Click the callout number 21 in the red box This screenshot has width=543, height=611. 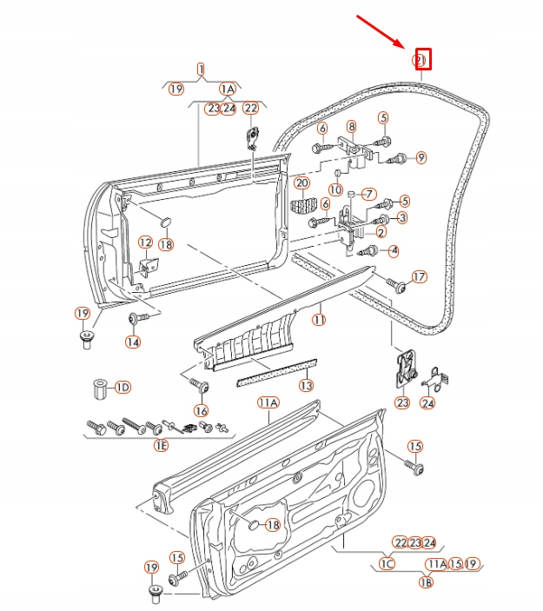(x=420, y=59)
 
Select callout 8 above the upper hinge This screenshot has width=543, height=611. (x=351, y=126)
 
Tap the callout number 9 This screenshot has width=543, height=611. (x=420, y=157)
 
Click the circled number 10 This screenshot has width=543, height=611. (x=335, y=189)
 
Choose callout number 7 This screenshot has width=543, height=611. (x=368, y=193)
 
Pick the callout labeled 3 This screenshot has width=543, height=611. (x=402, y=216)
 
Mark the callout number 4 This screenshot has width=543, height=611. (x=394, y=250)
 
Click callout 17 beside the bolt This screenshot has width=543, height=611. (x=420, y=277)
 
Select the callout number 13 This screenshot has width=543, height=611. (x=306, y=385)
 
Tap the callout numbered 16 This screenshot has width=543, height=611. (x=202, y=410)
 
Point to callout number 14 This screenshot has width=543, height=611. (x=133, y=342)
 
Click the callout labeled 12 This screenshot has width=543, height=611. (x=145, y=242)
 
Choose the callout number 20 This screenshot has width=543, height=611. (x=301, y=183)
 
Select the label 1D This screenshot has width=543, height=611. (x=122, y=386)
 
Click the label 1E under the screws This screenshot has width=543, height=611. (x=161, y=446)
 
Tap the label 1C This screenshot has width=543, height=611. (x=388, y=564)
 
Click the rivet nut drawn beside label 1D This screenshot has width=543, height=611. (x=98, y=385)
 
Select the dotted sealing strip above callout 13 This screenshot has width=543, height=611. (x=276, y=369)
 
